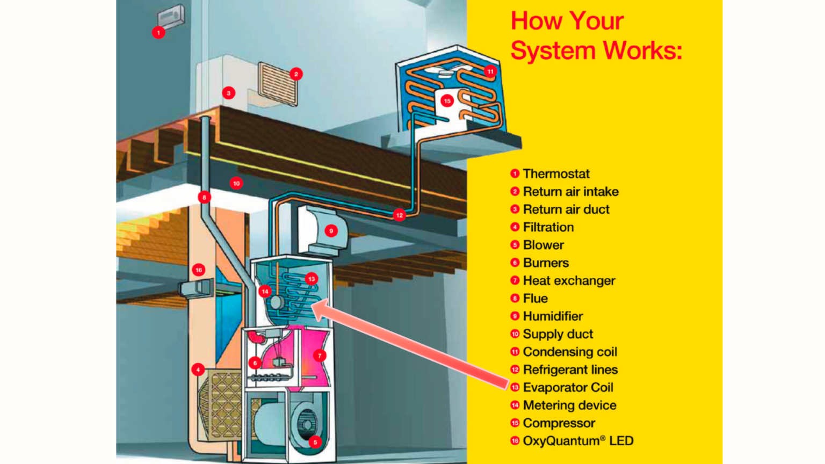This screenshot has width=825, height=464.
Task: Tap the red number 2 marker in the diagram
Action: click(296, 74)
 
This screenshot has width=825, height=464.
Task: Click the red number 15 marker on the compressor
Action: click(447, 100)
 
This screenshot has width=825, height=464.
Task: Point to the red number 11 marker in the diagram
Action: click(490, 71)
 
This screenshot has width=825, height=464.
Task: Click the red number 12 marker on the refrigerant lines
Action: click(399, 215)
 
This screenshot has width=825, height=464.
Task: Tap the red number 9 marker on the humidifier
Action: click(331, 231)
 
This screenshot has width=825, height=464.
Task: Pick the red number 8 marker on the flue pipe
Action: click(204, 197)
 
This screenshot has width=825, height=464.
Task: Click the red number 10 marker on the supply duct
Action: click(236, 183)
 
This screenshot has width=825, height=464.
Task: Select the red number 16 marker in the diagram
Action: click(199, 270)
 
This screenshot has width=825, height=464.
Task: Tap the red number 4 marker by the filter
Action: click(198, 369)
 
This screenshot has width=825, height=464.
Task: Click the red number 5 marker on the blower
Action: click(315, 442)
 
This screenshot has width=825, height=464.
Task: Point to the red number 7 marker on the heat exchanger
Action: click(320, 355)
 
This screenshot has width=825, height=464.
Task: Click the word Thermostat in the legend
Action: click(556, 174)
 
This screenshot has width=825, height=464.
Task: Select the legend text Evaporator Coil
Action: click(568, 388)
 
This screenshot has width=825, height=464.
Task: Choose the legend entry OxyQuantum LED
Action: click(578, 441)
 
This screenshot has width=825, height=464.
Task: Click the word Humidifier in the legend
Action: click(553, 316)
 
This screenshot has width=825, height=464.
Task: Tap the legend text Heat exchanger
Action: click(569, 281)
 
